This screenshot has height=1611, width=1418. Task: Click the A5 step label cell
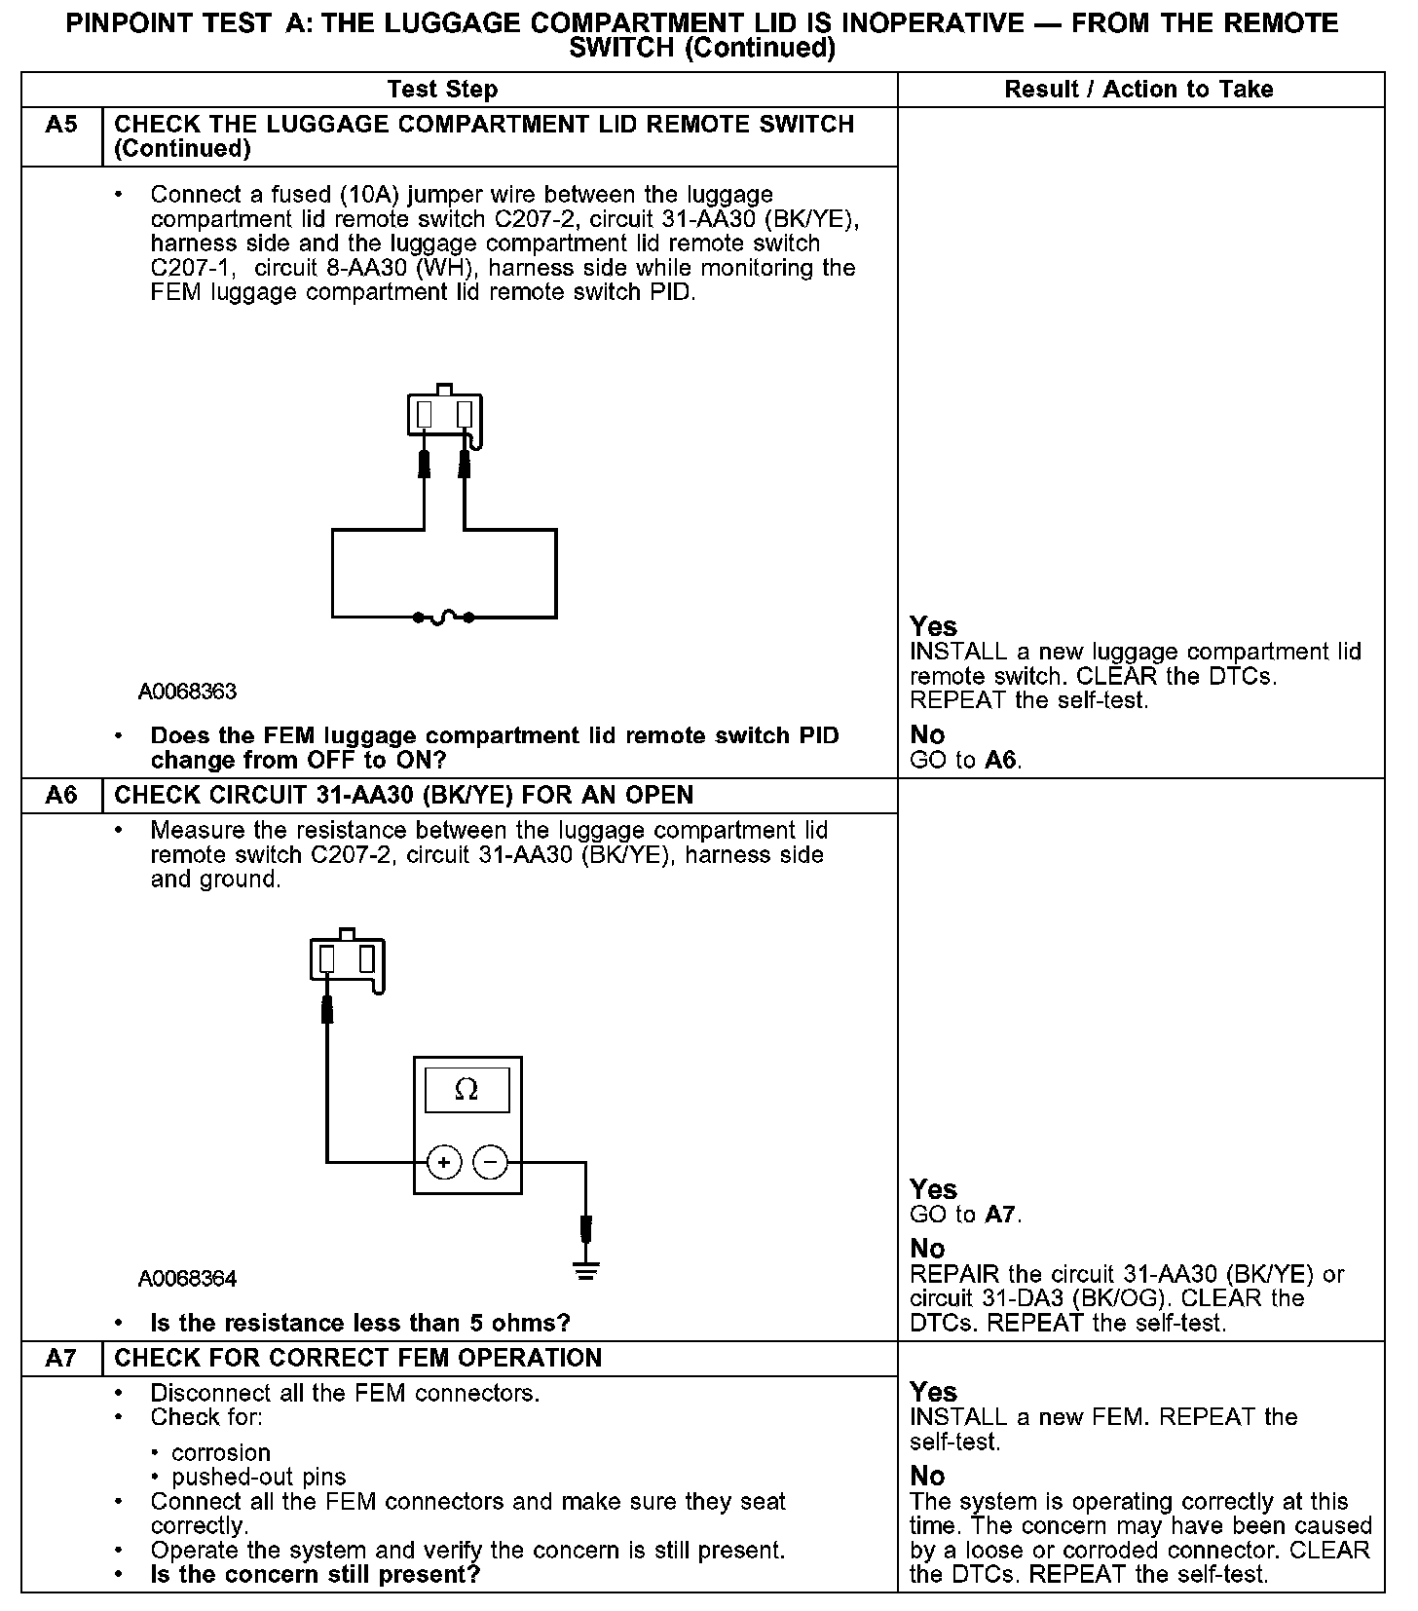coord(61,126)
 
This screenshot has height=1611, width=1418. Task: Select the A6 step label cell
coord(61,796)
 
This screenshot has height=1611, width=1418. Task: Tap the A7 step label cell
coord(61,1358)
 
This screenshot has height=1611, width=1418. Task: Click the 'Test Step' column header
coord(442,90)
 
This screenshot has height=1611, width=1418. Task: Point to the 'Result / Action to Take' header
coord(1138,90)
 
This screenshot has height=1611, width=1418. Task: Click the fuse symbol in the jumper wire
coord(444,617)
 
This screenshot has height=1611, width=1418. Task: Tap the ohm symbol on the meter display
coord(466,1090)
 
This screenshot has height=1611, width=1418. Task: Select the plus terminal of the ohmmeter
coord(444,1162)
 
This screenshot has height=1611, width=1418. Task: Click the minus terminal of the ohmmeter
coord(490,1162)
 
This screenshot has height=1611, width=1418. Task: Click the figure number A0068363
coord(187,692)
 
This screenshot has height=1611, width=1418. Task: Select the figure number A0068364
coord(187,1278)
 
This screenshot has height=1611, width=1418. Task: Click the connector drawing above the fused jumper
coord(445,414)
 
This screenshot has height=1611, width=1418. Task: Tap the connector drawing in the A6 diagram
coord(348,959)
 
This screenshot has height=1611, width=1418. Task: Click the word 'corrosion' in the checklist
coord(221,1453)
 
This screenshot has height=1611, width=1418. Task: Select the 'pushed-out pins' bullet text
coord(259,1478)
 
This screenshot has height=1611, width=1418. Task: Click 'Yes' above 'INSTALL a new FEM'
coord(933,1392)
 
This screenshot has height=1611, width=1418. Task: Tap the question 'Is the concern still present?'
coord(316,1575)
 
